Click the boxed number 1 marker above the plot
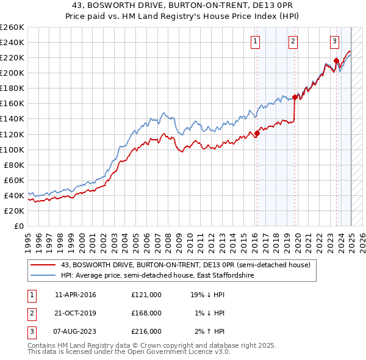tap(254, 41)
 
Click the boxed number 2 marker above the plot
tap(293, 41)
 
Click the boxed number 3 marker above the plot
tap(335, 41)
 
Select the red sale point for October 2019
tap(295, 97)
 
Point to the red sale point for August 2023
tap(336, 60)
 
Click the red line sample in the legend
tap(43, 265)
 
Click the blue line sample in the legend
tap(43, 275)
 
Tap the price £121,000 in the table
tap(146, 295)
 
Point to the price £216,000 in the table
tap(146, 331)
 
